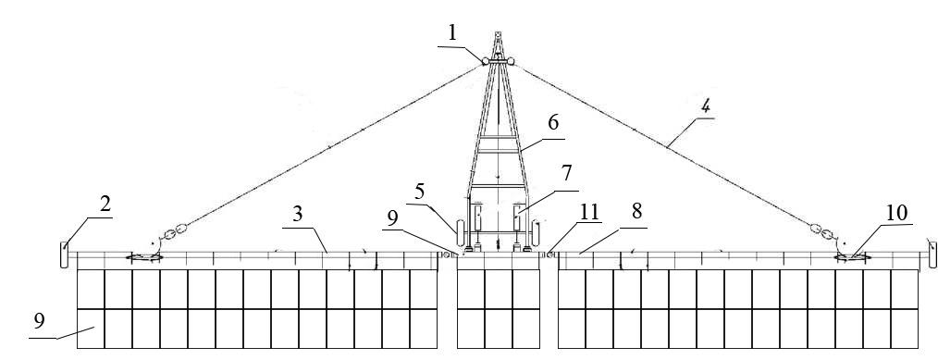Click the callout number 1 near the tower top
pos(452,33)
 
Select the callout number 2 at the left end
pos(105,205)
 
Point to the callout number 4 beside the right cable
pos(706,107)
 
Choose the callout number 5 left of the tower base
pos(420,192)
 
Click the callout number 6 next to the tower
pos(553,122)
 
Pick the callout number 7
pos(566,173)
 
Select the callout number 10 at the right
pos(896,213)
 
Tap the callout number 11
pos(589,212)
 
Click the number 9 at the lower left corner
pos(40,322)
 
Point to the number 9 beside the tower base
pos(392,219)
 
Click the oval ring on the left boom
pos(143,258)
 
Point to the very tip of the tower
pos(498,32)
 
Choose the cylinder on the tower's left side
pos(460,232)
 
